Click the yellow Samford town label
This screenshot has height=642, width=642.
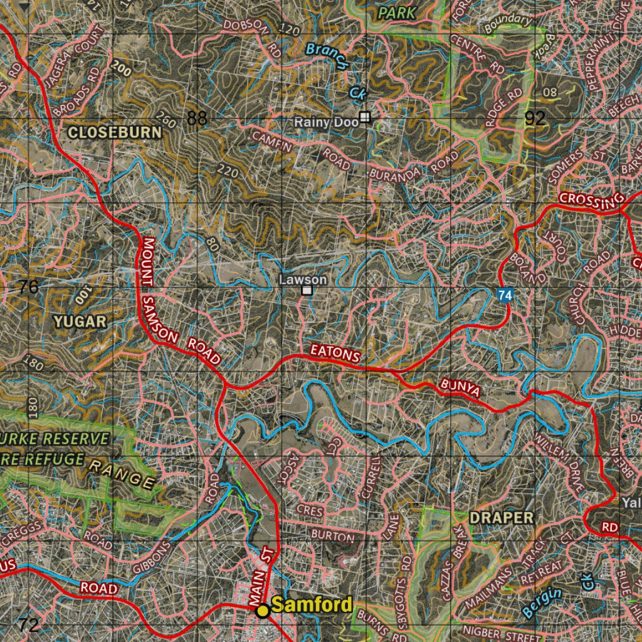point(312,605)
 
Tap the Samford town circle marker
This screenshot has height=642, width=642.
point(263,610)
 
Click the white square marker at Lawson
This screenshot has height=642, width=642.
point(307,290)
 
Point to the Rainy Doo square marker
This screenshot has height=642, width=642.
point(365,117)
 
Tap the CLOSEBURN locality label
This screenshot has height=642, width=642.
point(114,132)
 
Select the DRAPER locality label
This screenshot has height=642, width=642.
point(502,518)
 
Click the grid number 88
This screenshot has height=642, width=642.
point(197,118)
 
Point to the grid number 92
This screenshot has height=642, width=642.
point(535,118)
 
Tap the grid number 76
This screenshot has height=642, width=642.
point(28,287)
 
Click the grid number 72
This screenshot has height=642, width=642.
point(28,624)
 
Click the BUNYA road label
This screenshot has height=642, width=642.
point(460,388)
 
